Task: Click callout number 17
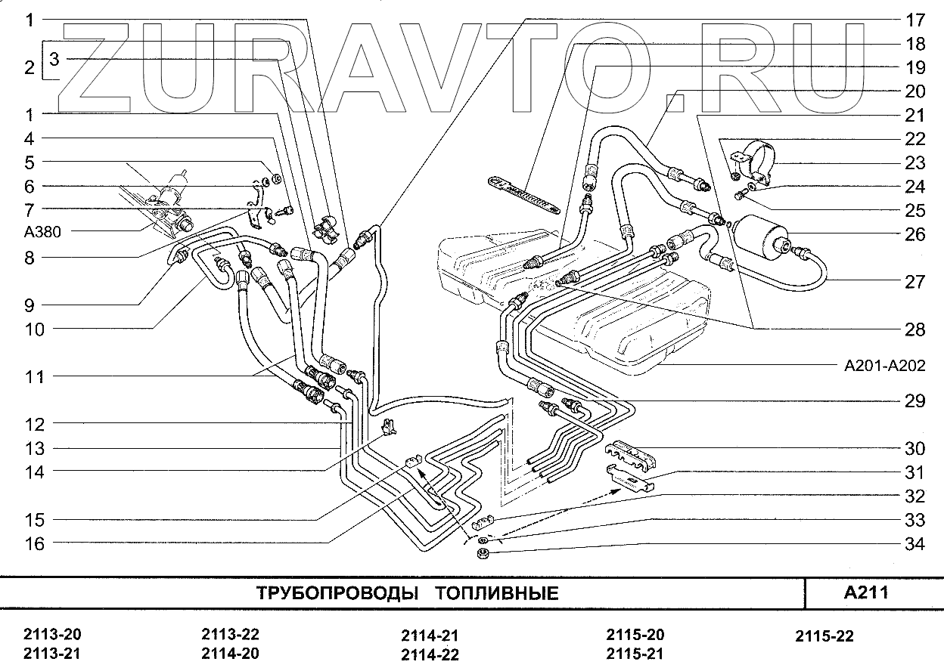tap(914, 20)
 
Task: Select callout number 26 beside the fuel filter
tap(914, 234)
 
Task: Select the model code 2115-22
tap(824, 636)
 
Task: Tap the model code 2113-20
tap(52, 635)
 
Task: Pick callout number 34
tap(914, 543)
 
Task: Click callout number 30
tap(914, 449)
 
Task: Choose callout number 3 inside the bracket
tap(54, 57)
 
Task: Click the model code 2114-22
tap(430, 654)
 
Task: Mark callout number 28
tap(914, 329)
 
